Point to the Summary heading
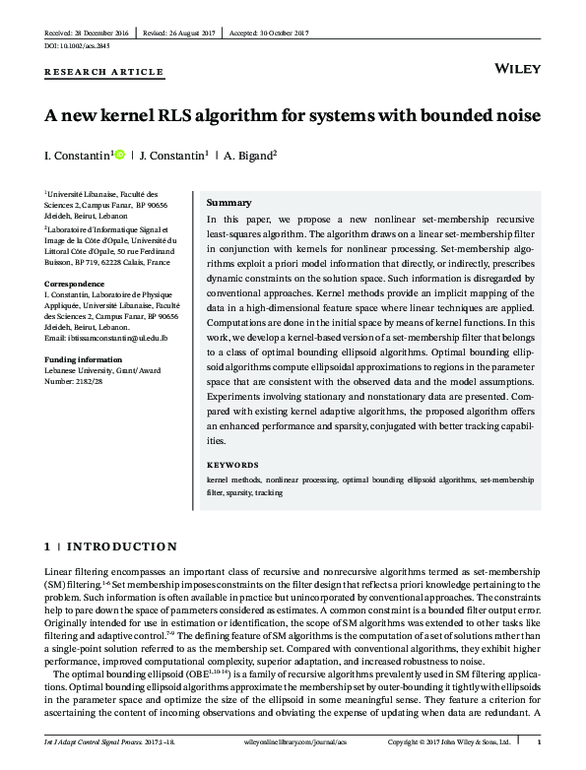[x=228, y=202]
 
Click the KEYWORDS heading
[x=232, y=465]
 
